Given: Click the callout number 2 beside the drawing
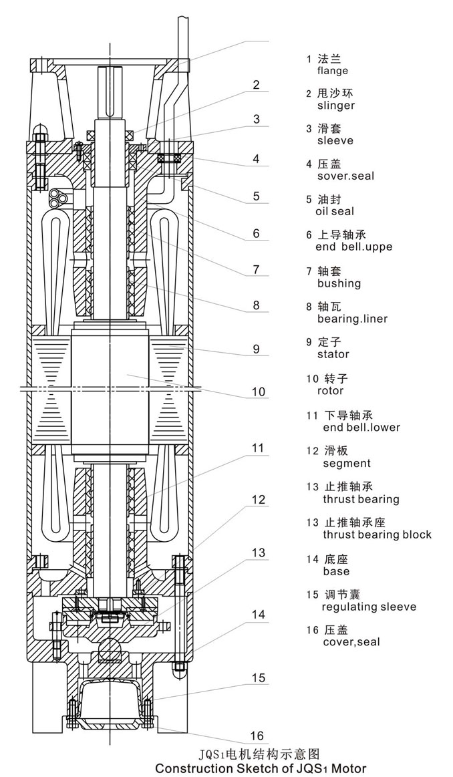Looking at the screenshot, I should pos(256,85).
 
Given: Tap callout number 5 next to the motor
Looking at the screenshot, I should pos(256,196).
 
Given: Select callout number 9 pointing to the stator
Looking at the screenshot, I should pos(256,348).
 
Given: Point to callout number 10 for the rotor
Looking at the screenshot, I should pos(258,392).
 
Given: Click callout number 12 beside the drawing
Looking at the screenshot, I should pos(259,500).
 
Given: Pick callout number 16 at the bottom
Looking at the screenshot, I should pos(257,736).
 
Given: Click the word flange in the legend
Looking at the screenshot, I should pos(333,71).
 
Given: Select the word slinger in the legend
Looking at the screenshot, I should pos(336,106).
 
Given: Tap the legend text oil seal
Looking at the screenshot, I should pos(335,212).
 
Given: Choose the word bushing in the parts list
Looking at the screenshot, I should pos(339,283).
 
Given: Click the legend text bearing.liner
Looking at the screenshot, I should pos(352,319).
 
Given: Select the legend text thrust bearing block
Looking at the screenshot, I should pos(377,534).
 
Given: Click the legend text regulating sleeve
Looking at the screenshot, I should pos(369,607).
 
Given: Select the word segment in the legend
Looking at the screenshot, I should pos(347,463).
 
